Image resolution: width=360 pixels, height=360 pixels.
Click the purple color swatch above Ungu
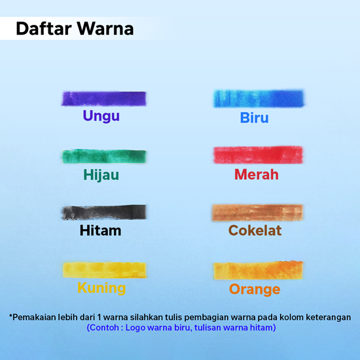(104, 99)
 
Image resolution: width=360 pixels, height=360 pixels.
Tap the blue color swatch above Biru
(259, 98)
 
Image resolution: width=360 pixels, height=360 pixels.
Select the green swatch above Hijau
(104, 156)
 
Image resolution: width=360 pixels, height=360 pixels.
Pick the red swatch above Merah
(258, 155)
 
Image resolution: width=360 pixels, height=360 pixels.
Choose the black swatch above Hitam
(104, 212)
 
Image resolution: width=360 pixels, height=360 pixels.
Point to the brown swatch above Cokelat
(257, 213)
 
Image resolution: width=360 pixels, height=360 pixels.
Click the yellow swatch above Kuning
(105, 270)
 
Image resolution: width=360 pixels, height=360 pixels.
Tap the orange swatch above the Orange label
(259, 270)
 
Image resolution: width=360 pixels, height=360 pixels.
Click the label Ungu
(101, 116)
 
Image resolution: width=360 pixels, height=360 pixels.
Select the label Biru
(255, 118)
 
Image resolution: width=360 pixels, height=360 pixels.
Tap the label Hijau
(101, 175)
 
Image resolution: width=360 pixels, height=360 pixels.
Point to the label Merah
(257, 175)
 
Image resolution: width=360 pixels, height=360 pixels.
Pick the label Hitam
(100, 230)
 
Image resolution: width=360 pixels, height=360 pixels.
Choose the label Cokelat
(255, 230)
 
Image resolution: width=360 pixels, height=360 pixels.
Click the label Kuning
(101, 288)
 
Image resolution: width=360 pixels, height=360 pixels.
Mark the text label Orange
(255, 289)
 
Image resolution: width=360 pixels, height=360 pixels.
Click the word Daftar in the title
(44, 29)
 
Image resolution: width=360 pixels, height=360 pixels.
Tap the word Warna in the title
(105, 29)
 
